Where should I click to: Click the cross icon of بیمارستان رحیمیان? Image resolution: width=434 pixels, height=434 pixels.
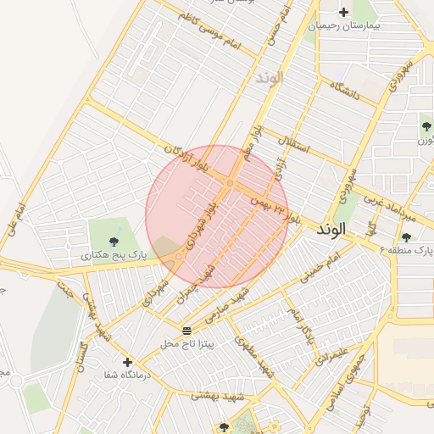(343, 12)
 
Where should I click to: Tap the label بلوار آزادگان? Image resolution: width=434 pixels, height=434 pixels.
(186, 159)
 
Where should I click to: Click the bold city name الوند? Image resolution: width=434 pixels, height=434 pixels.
(331, 230)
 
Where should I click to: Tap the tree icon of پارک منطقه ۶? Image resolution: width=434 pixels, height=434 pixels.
(406, 238)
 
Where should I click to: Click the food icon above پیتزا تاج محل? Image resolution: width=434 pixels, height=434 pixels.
(186, 330)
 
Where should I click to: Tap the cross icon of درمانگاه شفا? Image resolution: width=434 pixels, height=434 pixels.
(127, 362)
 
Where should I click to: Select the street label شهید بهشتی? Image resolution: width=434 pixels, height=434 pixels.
(218, 396)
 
